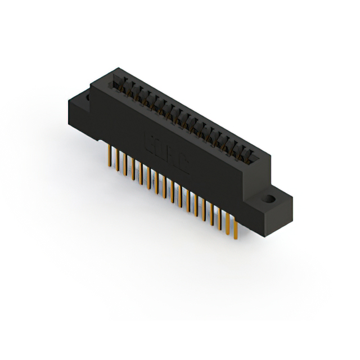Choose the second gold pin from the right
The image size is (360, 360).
[x=228, y=224]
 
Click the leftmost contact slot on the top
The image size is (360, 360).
[x=118, y=84]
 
